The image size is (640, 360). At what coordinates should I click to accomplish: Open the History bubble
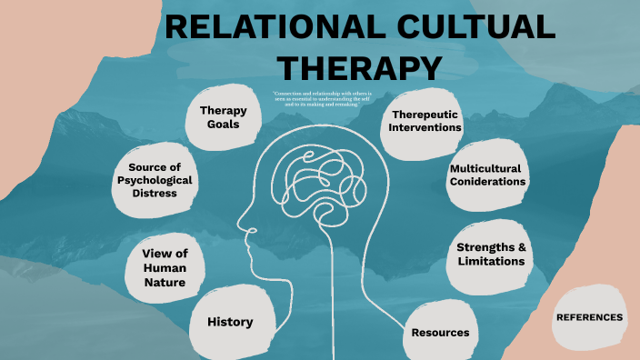tap(229, 322)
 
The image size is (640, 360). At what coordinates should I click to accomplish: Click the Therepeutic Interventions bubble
tap(425, 121)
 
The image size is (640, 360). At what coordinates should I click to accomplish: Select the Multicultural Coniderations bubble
tap(487, 175)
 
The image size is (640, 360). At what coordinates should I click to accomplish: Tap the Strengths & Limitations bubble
tap(491, 254)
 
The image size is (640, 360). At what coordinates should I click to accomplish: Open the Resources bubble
tap(440, 333)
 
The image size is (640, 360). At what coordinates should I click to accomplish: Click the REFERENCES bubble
tap(589, 317)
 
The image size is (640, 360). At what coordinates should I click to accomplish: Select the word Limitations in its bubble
tap(491, 261)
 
